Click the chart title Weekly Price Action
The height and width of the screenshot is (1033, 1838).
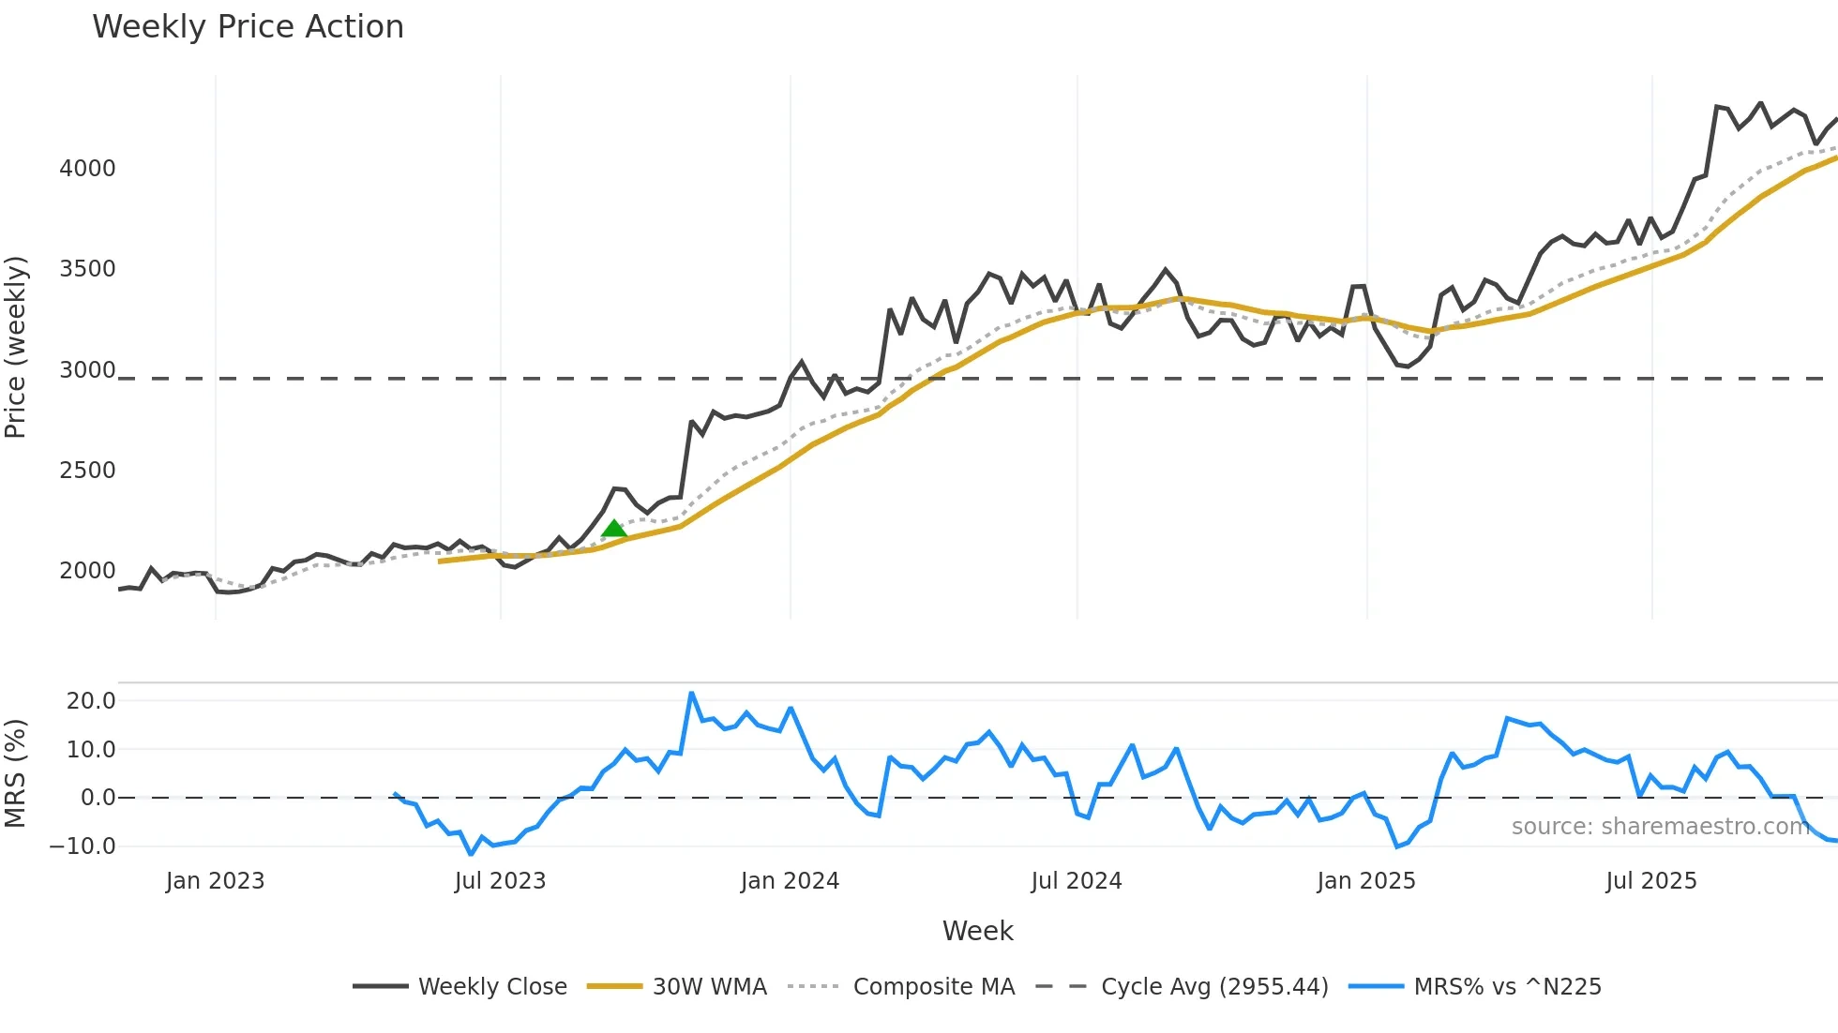coord(248,27)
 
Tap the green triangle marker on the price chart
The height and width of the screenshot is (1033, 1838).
coord(614,529)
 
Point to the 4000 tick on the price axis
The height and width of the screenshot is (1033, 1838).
coord(87,169)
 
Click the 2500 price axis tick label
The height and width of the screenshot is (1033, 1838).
coord(87,471)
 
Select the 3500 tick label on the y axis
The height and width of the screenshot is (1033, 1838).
coord(87,269)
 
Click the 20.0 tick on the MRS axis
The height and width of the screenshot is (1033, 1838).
coord(91,701)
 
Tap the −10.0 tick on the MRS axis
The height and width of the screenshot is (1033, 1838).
coord(83,846)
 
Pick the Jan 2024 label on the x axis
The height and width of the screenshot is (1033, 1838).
coord(790,881)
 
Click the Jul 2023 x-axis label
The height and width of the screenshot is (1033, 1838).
coord(500,881)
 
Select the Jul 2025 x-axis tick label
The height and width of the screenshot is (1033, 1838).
coord(1650,881)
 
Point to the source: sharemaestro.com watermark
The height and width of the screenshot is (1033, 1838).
coord(1660,827)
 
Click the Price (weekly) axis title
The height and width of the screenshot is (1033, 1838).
coord(16,347)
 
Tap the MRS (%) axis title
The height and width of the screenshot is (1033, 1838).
coord(16,773)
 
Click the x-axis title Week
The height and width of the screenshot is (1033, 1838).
coord(977,931)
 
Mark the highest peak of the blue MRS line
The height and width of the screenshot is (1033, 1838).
coord(691,694)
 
